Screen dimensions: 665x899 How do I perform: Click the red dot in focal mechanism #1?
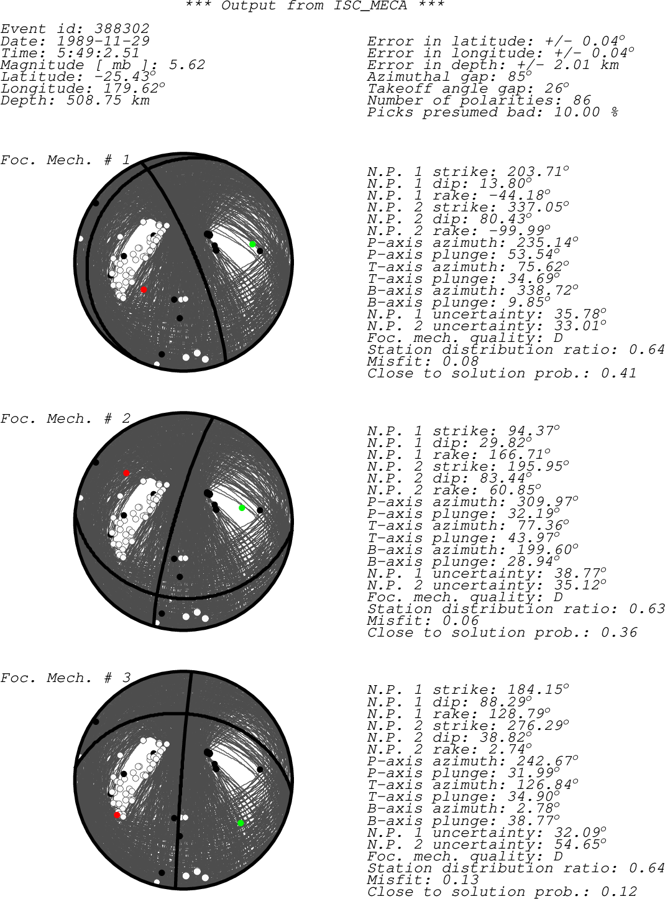(144, 289)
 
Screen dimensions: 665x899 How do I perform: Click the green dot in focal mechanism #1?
(252, 244)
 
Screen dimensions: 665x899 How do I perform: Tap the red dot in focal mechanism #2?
(126, 473)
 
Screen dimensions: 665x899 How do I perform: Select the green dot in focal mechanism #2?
(242, 508)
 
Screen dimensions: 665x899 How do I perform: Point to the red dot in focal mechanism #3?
(117, 814)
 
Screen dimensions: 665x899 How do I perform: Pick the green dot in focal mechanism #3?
(241, 823)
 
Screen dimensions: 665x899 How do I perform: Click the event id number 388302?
(122, 29)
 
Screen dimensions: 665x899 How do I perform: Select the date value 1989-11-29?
(103, 41)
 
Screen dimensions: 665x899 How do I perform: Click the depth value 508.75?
(94, 101)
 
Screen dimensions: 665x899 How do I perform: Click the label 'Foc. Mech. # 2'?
(65, 418)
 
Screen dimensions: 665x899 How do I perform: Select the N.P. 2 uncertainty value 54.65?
(577, 844)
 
